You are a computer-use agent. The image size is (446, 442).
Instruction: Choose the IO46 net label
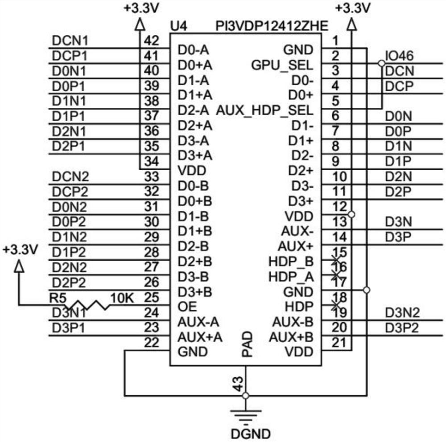click(x=399, y=56)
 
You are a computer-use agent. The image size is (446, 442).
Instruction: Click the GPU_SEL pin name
click(x=282, y=65)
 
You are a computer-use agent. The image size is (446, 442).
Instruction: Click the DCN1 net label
click(x=70, y=41)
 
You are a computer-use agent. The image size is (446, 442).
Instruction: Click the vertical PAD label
click(x=247, y=344)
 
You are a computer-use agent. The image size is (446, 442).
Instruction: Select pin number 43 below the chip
click(x=239, y=383)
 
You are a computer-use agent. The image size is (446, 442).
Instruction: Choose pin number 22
click(x=152, y=343)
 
